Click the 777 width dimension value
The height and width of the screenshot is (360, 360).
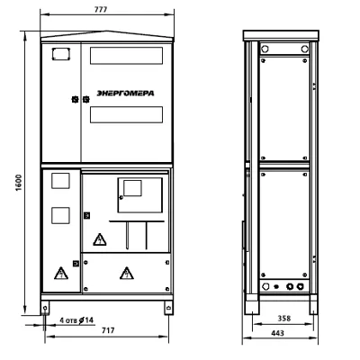101,10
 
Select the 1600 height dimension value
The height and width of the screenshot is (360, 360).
19,183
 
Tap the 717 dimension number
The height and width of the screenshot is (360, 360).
108,330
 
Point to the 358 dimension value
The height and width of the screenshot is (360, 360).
283,318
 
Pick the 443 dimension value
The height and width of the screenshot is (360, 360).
277,333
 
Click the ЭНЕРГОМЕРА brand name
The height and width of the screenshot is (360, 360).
125,94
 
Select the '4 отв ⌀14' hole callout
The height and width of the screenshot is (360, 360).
76,320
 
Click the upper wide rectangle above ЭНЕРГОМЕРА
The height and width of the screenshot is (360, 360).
126,56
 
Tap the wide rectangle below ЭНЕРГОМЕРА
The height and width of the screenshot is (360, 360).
126,114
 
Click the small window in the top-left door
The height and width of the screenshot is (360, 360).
61,54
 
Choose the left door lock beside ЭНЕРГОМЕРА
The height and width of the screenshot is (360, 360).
75,99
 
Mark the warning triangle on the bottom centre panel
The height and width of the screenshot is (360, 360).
127,274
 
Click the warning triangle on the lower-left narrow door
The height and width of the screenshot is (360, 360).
61,273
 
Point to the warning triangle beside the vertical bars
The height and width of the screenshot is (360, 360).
100,239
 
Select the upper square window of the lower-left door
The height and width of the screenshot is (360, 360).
60,181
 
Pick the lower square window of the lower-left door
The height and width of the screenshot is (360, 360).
60,215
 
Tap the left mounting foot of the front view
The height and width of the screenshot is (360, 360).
45,308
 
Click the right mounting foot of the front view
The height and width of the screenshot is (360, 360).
168,308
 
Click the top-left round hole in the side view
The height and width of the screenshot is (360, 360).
265,49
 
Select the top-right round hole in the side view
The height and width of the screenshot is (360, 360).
304,49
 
